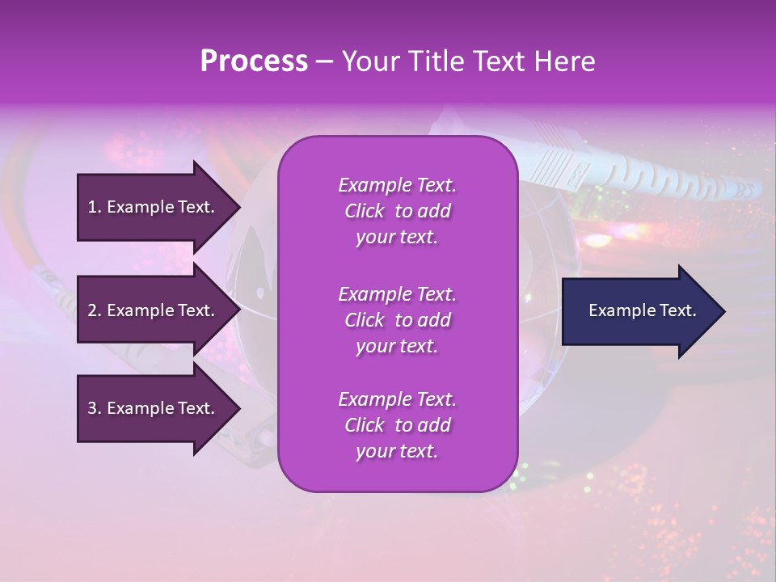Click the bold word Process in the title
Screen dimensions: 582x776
(254, 61)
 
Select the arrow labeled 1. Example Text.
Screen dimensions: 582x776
(154, 207)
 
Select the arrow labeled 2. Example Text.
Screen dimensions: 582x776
(154, 310)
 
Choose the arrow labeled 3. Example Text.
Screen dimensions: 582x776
(154, 408)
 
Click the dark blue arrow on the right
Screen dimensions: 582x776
(639, 310)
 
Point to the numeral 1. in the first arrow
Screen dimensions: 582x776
(95, 207)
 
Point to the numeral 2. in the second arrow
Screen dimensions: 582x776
(95, 310)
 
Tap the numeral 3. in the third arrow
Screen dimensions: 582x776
(95, 408)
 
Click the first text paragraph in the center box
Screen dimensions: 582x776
(397, 211)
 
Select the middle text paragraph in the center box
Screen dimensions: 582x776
(397, 320)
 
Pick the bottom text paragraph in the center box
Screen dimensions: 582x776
(397, 425)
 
